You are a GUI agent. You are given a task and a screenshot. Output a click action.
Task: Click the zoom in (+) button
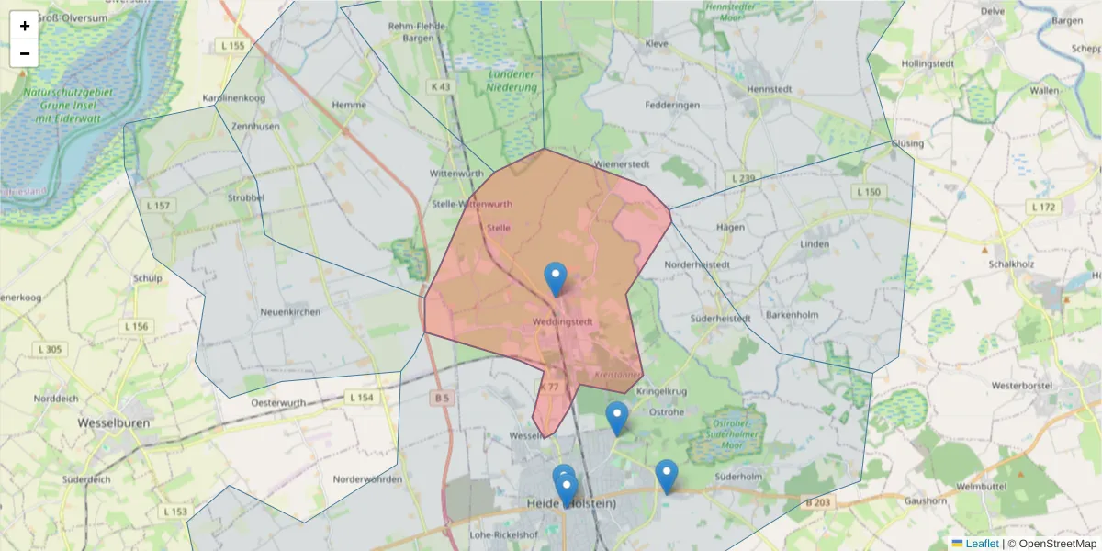click(25, 26)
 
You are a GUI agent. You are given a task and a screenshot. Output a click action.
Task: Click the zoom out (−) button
click(25, 53)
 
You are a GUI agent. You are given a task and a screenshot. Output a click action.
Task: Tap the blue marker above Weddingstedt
click(556, 278)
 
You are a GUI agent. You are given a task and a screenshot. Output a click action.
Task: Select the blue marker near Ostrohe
click(617, 418)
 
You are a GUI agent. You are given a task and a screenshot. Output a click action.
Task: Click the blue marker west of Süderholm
click(667, 477)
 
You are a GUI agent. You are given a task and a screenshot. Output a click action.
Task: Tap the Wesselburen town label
click(107, 423)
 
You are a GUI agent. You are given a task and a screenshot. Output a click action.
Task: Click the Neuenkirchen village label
click(291, 312)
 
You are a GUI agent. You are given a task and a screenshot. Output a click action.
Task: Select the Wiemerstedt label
click(622, 164)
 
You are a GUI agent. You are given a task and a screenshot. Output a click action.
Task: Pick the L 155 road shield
click(233, 45)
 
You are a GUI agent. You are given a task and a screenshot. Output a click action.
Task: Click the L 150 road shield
click(867, 192)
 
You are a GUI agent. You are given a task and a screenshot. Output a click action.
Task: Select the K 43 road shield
click(442, 86)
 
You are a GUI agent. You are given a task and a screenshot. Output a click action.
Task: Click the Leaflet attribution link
click(981, 544)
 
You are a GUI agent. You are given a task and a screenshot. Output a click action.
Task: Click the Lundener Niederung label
click(512, 80)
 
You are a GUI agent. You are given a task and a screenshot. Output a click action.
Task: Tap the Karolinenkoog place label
click(233, 97)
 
